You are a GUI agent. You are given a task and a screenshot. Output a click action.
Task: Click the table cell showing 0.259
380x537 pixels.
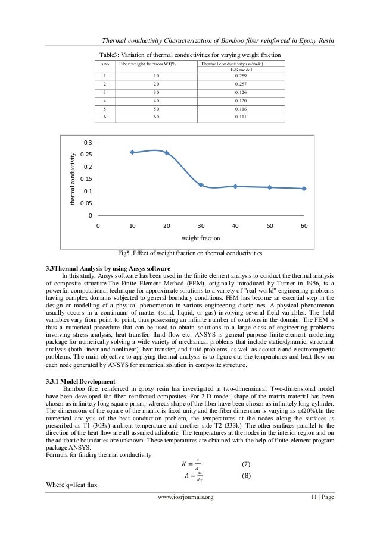pyautogui.click(x=240, y=76)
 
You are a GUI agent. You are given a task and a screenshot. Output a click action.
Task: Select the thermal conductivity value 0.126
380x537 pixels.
pyautogui.click(x=240, y=93)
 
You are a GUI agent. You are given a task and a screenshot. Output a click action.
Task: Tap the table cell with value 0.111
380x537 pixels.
pyautogui.click(x=240, y=118)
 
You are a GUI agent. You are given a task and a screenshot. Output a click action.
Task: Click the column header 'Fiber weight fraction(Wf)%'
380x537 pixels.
pyautogui.click(x=147, y=63)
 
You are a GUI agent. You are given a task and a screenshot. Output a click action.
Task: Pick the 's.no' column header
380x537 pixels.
pyautogui.click(x=105, y=63)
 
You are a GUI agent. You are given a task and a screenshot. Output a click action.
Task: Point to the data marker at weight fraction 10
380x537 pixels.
pyautogui.click(x=132, y=153)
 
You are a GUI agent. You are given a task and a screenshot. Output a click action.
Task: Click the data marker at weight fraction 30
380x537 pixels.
pyautogui.click(x=201, y=185)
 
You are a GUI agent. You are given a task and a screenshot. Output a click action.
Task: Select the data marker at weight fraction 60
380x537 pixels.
pyautogui.click(x=304, y=189)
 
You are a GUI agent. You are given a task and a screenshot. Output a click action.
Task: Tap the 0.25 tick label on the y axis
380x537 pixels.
pyautogui.click(x=87, y=155)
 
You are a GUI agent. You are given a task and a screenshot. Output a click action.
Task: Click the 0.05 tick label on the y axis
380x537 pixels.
pyautogui.click(x=87, y=203)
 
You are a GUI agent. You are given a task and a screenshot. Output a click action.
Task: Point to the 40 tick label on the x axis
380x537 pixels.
pyautogui.click(x=235, y=226)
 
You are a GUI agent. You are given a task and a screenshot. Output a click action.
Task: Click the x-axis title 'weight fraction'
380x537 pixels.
pyautogui.click(x=201, y=238)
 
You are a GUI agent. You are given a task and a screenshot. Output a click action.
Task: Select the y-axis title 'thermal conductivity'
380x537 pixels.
pyautogui.click(x=73, y=179)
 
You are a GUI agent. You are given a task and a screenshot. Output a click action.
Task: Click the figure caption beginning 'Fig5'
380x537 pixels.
pyautogui.click(x=190, y=253)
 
